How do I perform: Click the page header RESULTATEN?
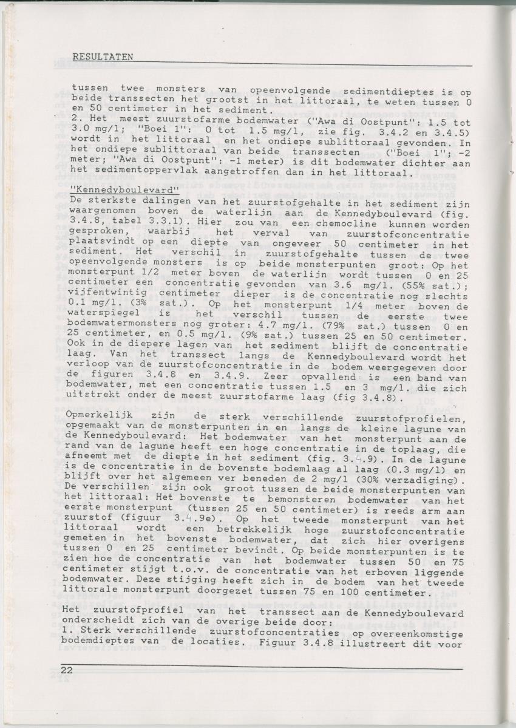tap(102, 56)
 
